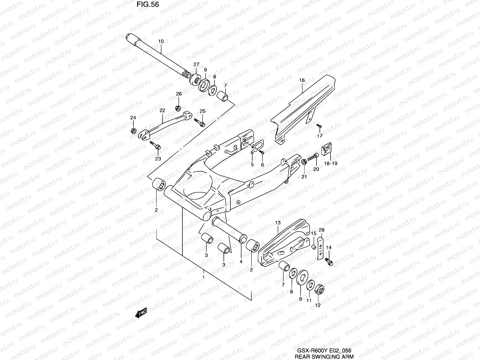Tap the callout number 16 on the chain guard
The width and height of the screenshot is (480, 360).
(x=302, y=80)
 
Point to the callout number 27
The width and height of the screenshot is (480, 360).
(x=196, y=64)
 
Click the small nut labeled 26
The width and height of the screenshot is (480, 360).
(x=177, y=107)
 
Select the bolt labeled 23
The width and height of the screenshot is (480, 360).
(x=156, y=145)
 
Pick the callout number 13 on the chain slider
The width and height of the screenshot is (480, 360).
(x=277, y=223)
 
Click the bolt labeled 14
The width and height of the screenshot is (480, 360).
(x=328, y=261)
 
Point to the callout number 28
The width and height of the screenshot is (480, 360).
(x=322, y=230)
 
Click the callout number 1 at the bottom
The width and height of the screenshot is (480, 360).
(x=203, y=277)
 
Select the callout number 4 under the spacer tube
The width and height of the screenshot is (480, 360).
(x=241, y=261)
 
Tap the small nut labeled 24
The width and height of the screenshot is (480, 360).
(x=133, y=131)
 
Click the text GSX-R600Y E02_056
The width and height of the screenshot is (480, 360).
(x=324, y=350)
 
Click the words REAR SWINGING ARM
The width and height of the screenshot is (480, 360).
(x=324, y=356)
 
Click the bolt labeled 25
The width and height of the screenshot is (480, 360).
(x=199, y=122)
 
